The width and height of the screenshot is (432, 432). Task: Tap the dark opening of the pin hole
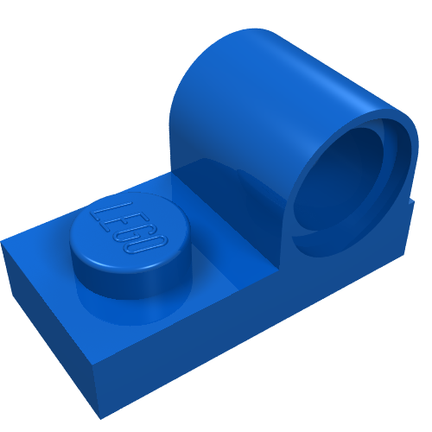tap(337, 184)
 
